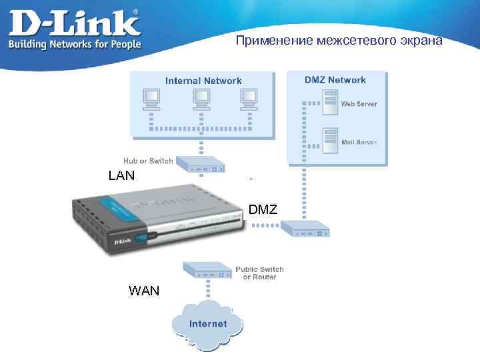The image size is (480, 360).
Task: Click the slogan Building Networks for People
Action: tap(74, 44)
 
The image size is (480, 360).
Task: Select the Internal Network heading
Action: tap(203, 81)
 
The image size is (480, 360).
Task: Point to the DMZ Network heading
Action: tap(335, 80)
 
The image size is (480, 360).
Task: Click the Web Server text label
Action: tap(359, 104)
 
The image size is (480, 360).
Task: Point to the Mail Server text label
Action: tap(359, 142)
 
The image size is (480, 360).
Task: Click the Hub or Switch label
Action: tap(148, 161)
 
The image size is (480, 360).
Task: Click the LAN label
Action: tap(121, 176)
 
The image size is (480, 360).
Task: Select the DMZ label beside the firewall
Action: tap(263, 211)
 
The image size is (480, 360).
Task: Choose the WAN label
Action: tap(144, 291)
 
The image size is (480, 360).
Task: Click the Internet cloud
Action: tap(207, 325)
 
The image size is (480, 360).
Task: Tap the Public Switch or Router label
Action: tap(259, 273)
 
